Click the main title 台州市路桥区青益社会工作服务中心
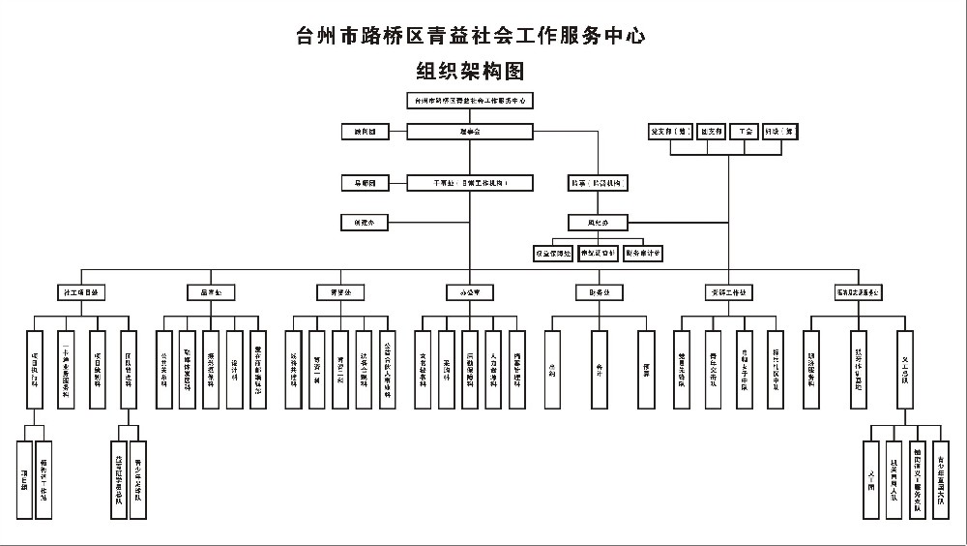tap(470, 37)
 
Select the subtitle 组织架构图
tap(470, 71)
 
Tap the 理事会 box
tap(470, 130)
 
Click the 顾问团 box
tap(365, 130)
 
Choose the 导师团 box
tap(365, 182)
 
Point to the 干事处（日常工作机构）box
tap(470, 182)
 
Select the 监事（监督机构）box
tap(600, 182)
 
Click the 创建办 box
tap(365, 222)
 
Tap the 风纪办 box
tap(600, 222)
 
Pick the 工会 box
tap(745, 131)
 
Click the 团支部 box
tap(709, 131)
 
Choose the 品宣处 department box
tap(211, 291)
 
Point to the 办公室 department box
tap(470, 291)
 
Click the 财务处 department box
tap(599, 291)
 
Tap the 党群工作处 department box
tap(728, 291)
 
